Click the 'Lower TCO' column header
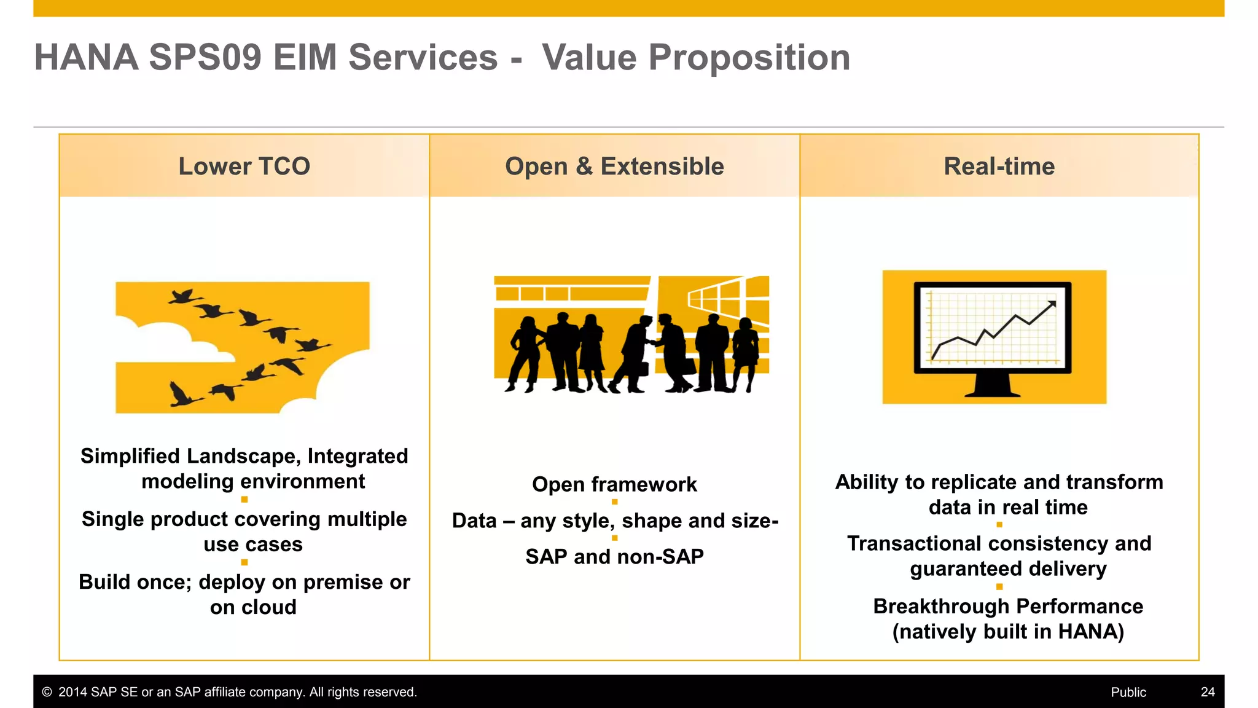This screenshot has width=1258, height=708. [x=244, y=167]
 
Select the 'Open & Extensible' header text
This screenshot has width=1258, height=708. [x=614, y=167]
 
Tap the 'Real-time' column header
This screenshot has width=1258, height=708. [x=999, y=167]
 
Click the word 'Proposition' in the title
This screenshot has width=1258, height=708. [x=749, y=58]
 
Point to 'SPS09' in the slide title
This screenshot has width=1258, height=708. [x=205, y=58]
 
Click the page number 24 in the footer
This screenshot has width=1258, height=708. [x=1208, y=692]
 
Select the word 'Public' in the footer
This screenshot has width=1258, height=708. [x=1128, y=692]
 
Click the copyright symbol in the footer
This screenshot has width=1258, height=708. [x=47, y=692]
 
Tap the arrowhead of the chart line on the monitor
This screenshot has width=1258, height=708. [x=1052, y=304]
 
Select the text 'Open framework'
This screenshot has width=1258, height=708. [x=614, y=484]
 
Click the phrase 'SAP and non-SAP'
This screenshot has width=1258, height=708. [x=614, y=557]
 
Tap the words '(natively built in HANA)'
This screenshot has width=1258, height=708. [x=1008, y=632]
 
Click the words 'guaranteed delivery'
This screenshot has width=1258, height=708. [x=1008, y=569]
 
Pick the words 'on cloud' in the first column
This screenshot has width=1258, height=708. [x=253, y=607]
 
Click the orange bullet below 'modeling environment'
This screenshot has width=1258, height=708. [x=244, y=500]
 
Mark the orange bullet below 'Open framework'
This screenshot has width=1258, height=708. [x=614, y=502]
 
